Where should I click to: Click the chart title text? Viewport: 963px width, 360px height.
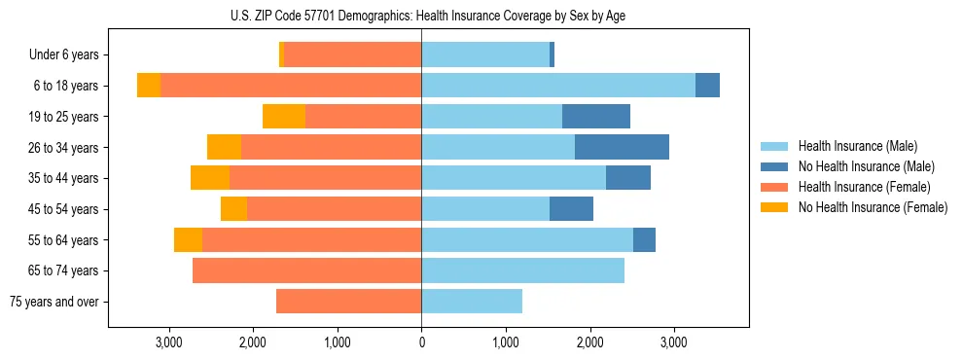421,15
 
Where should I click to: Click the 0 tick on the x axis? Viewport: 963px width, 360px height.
421,343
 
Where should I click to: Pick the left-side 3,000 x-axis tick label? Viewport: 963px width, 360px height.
169,343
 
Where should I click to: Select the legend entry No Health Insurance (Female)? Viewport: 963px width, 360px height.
873,207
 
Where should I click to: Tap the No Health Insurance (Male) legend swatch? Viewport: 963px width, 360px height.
775,167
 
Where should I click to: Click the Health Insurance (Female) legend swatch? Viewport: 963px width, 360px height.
775,187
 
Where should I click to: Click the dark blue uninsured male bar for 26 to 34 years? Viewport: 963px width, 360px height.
622,147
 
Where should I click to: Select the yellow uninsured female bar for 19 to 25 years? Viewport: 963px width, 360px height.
284,117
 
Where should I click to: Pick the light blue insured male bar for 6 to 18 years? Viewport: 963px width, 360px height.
558,86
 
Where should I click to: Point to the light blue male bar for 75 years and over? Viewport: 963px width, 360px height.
472,302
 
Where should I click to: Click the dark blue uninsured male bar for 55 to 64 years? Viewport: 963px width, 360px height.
644,239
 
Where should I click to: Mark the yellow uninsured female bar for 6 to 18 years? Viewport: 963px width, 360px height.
149,86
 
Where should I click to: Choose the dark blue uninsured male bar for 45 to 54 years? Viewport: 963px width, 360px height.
571,209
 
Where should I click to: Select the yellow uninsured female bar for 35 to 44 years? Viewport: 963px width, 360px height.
210,178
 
